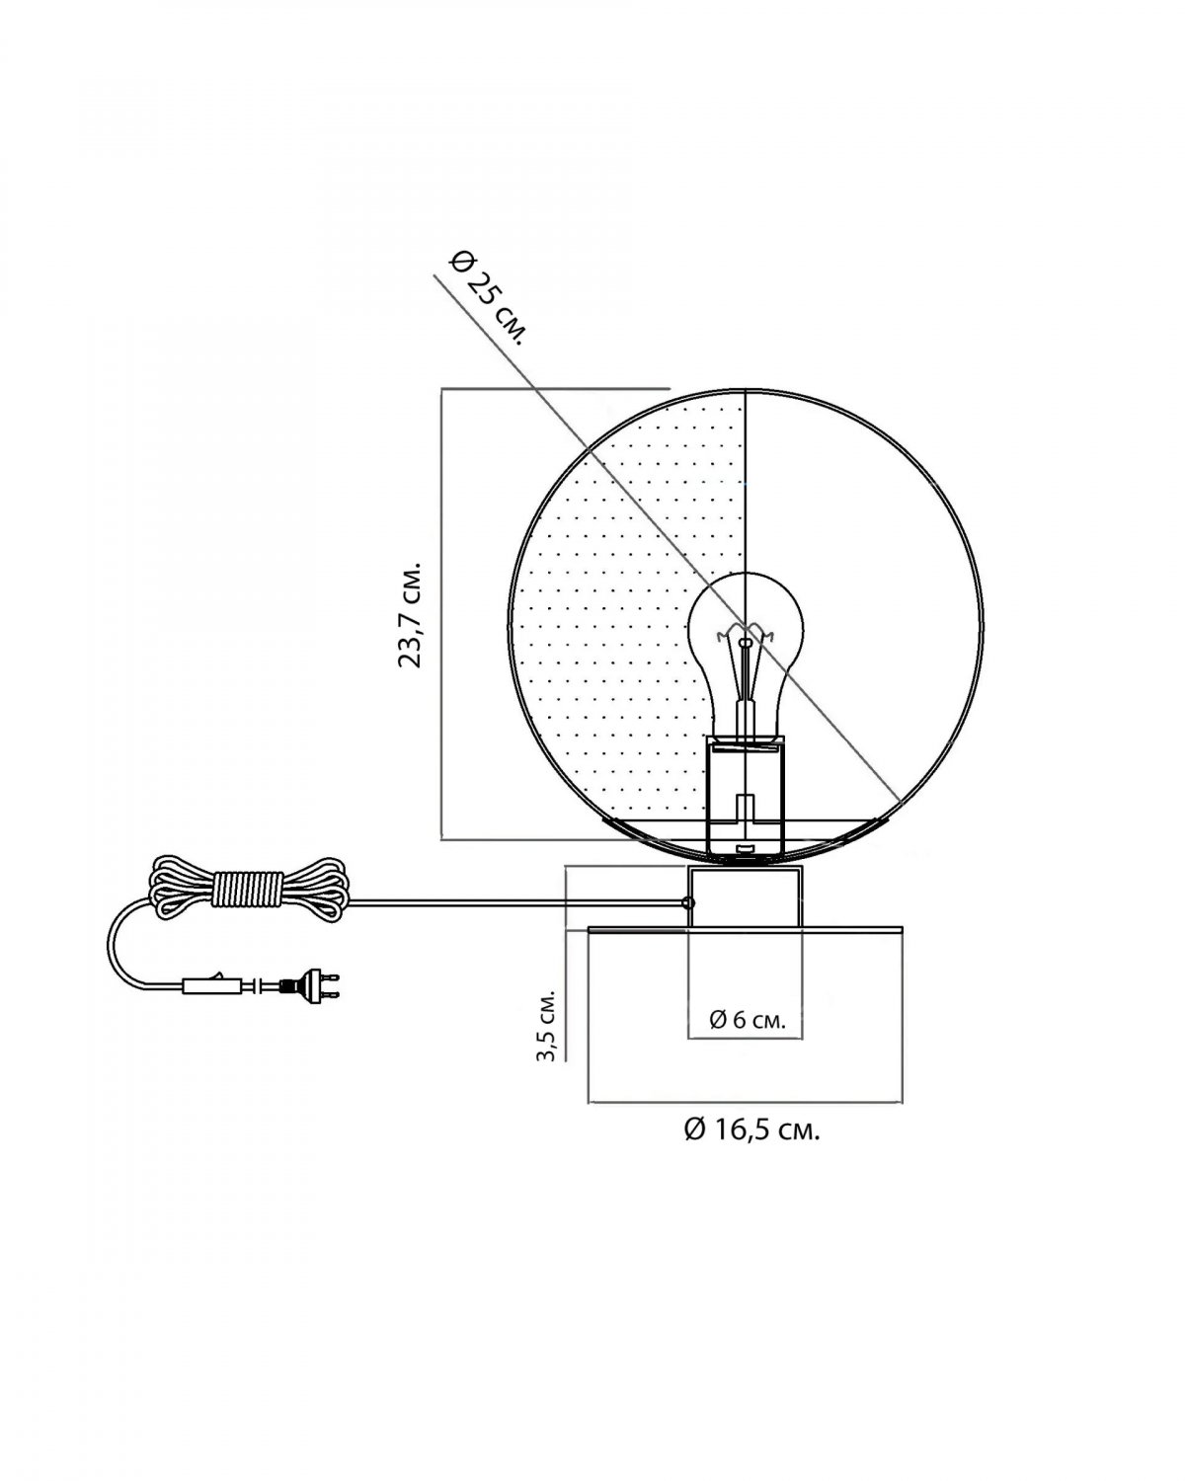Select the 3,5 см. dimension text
pyautogui.click(x=547, y=1026)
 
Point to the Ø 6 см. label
pyautogui.click(x=748, y=1019)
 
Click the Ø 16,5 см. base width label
pyautogui.click(x=751, y=1130)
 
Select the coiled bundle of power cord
pyautogui.click(x=248, y=890)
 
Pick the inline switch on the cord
pyautogui.click(x=212, y=986)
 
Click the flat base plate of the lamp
pyautogui.click(x=746, y=930)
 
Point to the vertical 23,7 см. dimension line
pyautogui.click(x=441, y=614)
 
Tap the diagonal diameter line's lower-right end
pyautogui.click(x=900, y=802)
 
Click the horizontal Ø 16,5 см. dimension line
pyautogui.click(x=746, y=1103)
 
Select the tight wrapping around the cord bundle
pyautogui.click(x=248, y=890)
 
